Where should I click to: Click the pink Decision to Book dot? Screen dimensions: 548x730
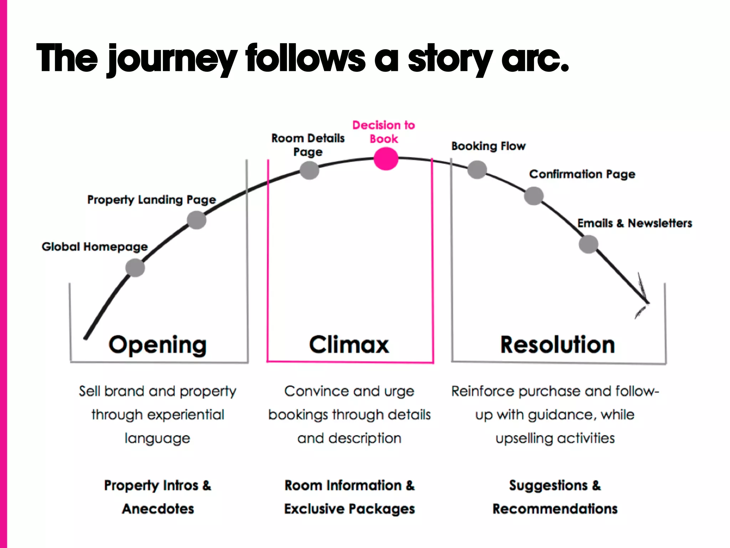pyautogui.click(x=386, y=159)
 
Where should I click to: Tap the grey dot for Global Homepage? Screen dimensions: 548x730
pyautogui.click(x=135, y=268)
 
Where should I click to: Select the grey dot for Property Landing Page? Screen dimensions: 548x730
pyautogui.click(x=196, y=220)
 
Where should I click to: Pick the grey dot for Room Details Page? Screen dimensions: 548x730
pyautogui.click(x=309, y=170)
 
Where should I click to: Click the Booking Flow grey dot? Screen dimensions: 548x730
pyautogui.click(x=477, y=169)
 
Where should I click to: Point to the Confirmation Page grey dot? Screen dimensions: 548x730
pyautogui.click(x=534, y=196)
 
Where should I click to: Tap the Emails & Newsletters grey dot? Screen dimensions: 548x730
pyautogui.click(x=588, y=244)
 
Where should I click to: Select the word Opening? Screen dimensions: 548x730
pyautogui.click(x=158, y=345)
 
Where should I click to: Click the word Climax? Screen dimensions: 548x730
pyautogui.click(x=349, y=345)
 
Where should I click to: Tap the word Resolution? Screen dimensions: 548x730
pyautogui.click(x=557, y=345)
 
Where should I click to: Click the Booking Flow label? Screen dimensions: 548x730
pyautogui.click(x=488, y=146)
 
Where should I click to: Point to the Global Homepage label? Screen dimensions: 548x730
pyautogui.click(x=95, y=247)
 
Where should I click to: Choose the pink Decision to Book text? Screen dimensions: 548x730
pyautogui.click(x=384, y=132)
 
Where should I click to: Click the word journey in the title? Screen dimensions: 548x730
pyautogui.click(x=173, y=59)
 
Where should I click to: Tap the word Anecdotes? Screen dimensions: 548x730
pyautogui.click(x=158, y=509)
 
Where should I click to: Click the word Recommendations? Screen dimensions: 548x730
pyautogui.click(x=555, y=509)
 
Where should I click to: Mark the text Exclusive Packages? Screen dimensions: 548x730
pyautogui.click(x=349, y=509)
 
